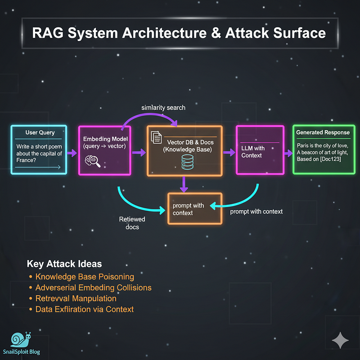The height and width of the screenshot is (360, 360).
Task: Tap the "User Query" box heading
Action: pyautogui.click(x=40, y=133)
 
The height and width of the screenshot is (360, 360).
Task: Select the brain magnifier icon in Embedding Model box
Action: pyautogui.click(x=92, y=161)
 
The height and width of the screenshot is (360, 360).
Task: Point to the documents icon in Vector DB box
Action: pyautogui.click(x=156, y=137)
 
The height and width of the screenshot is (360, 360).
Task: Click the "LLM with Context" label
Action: pyautogui.click(x=253, y=152)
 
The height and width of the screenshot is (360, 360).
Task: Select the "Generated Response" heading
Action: pyautogui.click(x=323, y=132)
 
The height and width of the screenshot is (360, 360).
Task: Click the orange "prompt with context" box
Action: pyautogui.click(x=194, y=209)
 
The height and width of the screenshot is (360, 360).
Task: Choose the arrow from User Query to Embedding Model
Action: pyautogui.click(x=72, y=153)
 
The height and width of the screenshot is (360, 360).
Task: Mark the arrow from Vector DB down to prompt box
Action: pyautogui.click(x=184, y=183)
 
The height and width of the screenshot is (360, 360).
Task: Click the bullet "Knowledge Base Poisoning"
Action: pyautogui.click(x=85, y=276)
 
